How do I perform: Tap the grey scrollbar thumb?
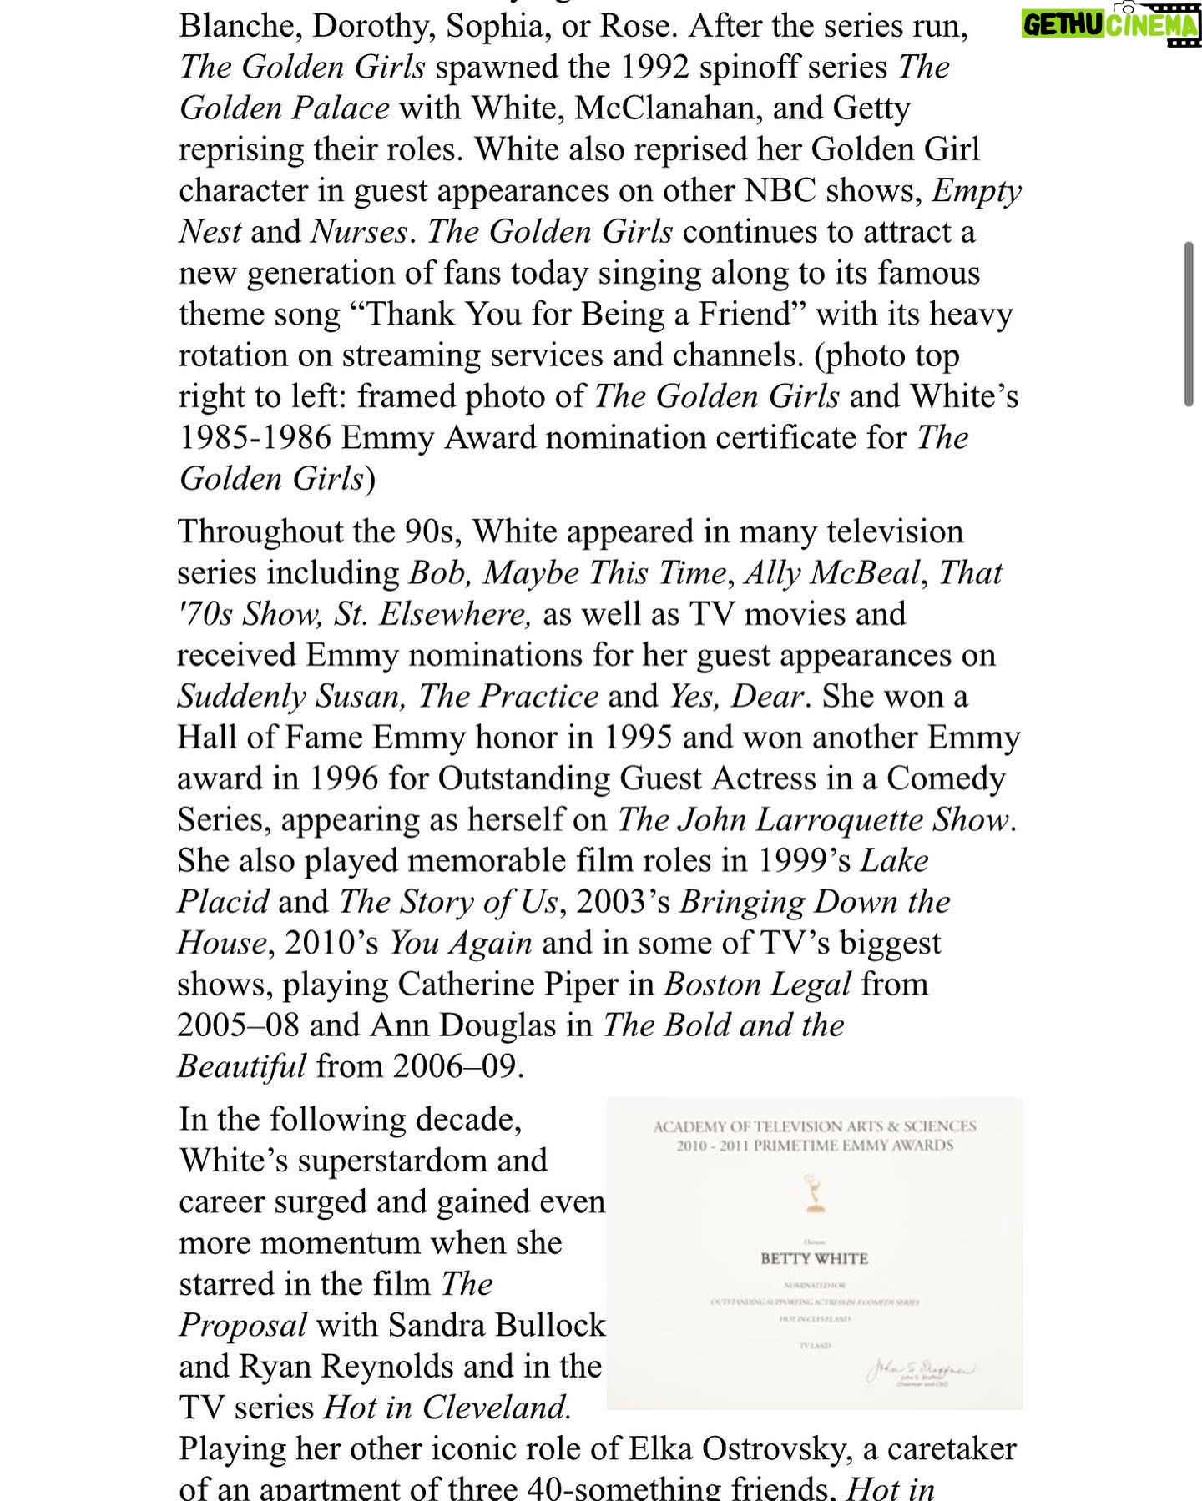[1188, 325]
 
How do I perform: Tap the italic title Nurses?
[360, 232]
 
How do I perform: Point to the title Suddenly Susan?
[291, 697]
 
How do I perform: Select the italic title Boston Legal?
[757, 985]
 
